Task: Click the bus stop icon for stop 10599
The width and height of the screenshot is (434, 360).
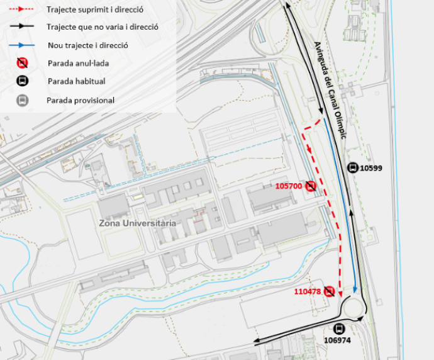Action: pyautogui.click(x=352, y=167)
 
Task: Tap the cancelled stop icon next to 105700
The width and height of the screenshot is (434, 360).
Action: pyautogui.click(x=311, y=186)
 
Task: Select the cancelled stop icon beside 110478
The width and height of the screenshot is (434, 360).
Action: pyautogui.click(x=329, y=291)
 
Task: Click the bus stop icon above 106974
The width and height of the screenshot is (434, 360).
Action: pyautogui.click(x=340, y=328)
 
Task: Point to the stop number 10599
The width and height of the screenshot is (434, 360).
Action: pyautogui.click(x=371, y=168)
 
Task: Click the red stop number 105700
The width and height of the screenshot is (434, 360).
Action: pyautogui.click(x=289, y=186)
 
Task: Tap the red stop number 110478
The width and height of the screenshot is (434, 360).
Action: pyautogui.click(x=308, y=291)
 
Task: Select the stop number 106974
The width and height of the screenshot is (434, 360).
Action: pyautogui.click(x=337, y=340)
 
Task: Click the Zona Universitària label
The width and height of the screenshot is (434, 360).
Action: pyautogui.click(x=137, y=223)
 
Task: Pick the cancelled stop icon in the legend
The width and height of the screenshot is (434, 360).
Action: pyautogui.click(x=22, y=63)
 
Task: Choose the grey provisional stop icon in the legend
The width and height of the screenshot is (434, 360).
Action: pyautogui.click(x=22, y=100)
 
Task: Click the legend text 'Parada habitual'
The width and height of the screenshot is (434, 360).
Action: pyautogui.click(x=76, y=81)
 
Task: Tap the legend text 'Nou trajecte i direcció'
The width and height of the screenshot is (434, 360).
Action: pyautogui.click(x=87, y=45)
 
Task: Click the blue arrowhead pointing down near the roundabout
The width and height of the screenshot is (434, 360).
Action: pyautogui.click(x=355, y=290)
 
